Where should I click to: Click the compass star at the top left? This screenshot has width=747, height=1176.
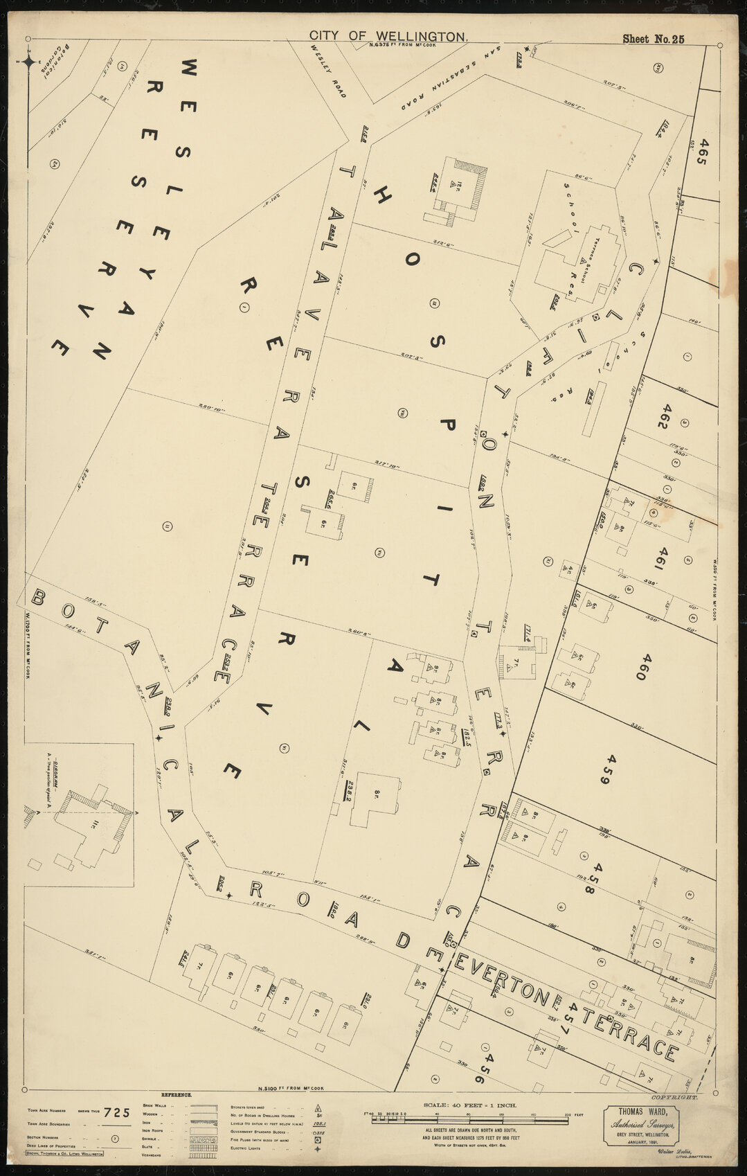pyautogui.click(x=29, y=62)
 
